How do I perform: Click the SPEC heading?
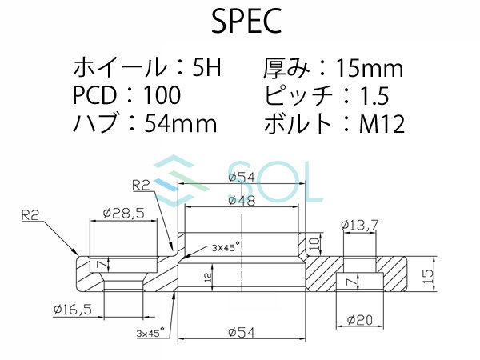(246, 22)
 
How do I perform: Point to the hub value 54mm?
(181, 123)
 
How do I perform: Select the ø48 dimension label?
(242, 201)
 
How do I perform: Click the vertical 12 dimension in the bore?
(209, 278)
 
